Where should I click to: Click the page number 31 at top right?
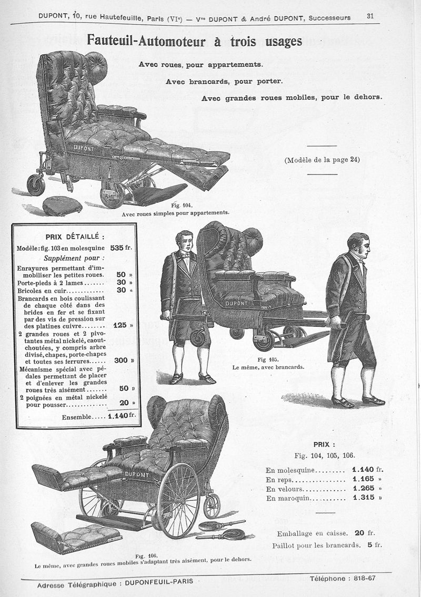pyautogui.click(x=370, y=16)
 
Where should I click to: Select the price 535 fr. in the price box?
pyautogui.click(x=121, y=248)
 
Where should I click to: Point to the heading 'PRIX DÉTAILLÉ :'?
pyautogui.click(x=75, y=237)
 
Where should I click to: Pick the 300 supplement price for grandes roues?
pyautogui.click(x=121, y=360)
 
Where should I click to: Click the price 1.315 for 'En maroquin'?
pyautogui.click(x=364, y=497)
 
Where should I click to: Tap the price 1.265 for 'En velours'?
pyautogui.click(x=364, y=488)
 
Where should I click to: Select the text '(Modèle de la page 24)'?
pyautogui.click(x=322, y=160)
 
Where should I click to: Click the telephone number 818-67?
pyautogui.click(x=365, y=578)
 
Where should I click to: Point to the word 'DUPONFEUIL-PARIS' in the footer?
pyautogui.click(x=159, y=582)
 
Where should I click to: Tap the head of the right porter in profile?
pyautogui.click(x=358, y=245)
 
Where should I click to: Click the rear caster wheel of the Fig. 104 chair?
pyautogui.click(x=36, y=185)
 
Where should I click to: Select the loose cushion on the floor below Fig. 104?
pyautogui.click(x=62, y=206)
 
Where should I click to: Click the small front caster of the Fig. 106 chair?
pyautogui.click(x=212, y=506)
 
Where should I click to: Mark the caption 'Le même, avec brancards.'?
pyautogui.click(x=268, y=367)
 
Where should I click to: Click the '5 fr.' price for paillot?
pyautogui.click(x=375, y=545)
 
